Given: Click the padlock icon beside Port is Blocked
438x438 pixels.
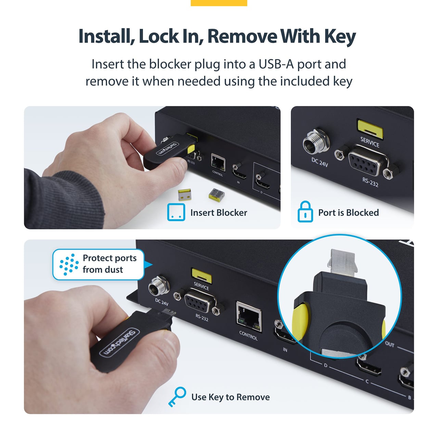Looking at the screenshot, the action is coord(305,211).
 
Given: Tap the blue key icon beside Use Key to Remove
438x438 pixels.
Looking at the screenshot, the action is coord(177,396).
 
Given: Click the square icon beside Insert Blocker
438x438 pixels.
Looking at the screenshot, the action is coord(176,212).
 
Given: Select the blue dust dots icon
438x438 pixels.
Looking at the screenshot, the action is coord(69,265).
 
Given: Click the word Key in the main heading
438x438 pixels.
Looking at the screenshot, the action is coord(340,36).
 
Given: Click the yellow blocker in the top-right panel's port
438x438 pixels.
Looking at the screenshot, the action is coord(370,129).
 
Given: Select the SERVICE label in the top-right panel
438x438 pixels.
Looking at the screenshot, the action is coord(370,142).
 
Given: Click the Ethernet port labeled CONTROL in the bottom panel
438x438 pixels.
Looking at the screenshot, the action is coord(249,317).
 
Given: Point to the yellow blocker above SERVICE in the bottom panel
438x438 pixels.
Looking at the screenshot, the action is coord(202,276).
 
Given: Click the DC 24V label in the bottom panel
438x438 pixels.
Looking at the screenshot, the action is coord(162,302).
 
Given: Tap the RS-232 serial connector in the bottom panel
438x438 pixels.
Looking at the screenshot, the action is coord(199,301).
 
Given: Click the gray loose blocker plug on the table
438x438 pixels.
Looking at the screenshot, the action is coord(216,194).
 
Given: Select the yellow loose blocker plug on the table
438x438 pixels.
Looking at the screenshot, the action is coord(184,195).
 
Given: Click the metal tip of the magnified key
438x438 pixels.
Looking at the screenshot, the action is coord(342,261).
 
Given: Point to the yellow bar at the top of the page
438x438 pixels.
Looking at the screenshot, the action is coord(219,3).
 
